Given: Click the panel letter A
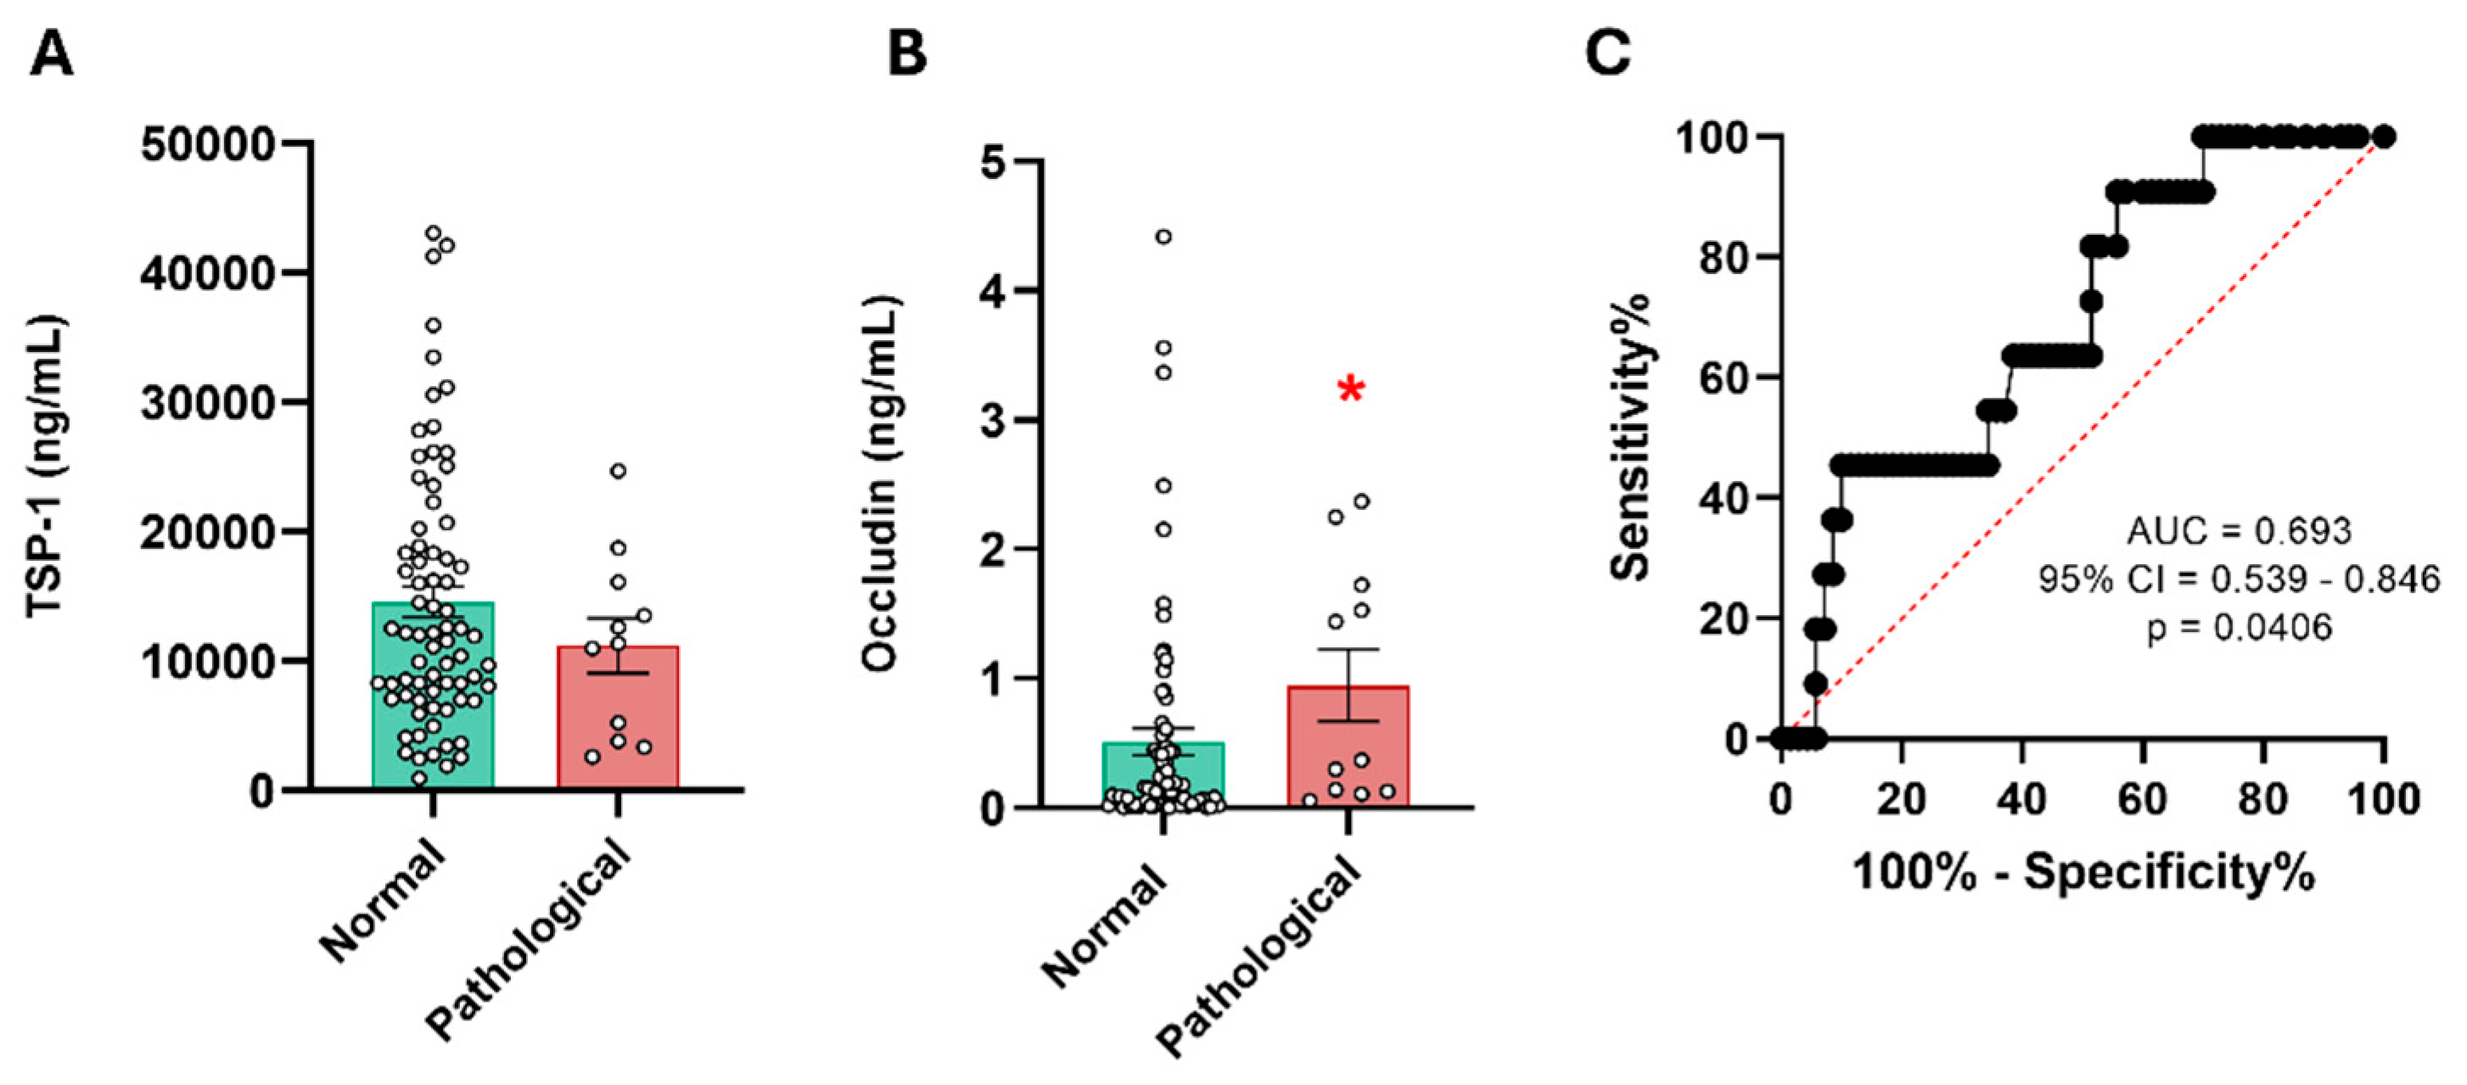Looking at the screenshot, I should pyautogui.click(x=51, y=54).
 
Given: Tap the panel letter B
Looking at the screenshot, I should pyautogui.click(x=906, y=54).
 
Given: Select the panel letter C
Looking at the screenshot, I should pyautogui.click(x=1608, y=54).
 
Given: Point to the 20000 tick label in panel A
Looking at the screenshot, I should pyautogui.click(x=208, y=534).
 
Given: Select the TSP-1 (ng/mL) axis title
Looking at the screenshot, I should pyautogui.click(x=46, y=467).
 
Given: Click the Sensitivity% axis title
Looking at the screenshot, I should pyautogui.click(x=1631, y=436).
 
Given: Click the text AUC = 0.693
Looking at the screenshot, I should pyautogui.click(x=2238, y=530).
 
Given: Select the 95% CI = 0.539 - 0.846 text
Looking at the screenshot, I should pyautogui.click(x=2238, y=579).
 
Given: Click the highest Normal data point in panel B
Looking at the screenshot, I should pyautogui.click(x=1163, y=237).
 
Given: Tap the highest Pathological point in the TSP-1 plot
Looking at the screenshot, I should pyautogui.click(x=619, y=471).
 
